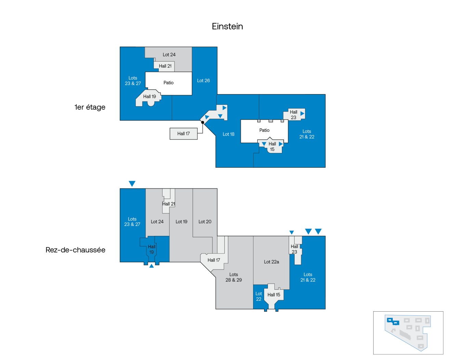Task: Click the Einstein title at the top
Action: (227, 26)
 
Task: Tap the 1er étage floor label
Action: (90, 107)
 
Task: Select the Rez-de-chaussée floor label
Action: (76, 250)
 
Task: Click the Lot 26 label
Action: (204, 80)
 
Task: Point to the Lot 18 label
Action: (229, 134)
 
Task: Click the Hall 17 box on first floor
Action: (183, 134)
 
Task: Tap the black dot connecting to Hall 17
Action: (203, 122)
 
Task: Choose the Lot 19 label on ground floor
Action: (181, 222)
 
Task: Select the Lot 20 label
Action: (205, 222)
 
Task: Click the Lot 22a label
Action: (272, 262)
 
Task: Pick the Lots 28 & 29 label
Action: (234, 277)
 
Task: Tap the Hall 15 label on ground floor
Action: (274, 295)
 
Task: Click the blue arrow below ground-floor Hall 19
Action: (152, 266)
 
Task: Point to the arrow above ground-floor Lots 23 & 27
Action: (132, 184)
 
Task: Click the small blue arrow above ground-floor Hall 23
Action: (291, 233)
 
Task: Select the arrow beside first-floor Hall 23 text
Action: (302, 113)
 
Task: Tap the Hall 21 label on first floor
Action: (165, 66)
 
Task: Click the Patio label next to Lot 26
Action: (169, 83)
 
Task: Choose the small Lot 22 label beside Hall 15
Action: (259, 296)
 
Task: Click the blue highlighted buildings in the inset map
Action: (393, 321)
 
